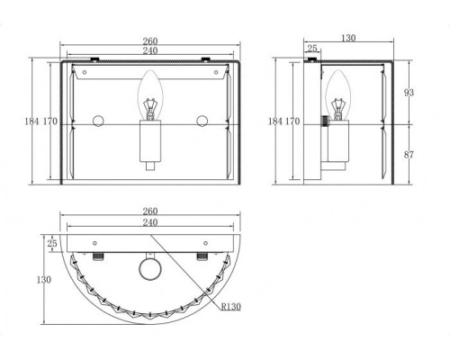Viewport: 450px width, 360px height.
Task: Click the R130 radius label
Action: pos(231,307)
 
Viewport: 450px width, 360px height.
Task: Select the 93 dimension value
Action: pos(409,93)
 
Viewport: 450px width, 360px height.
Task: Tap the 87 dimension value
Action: pos(409,155)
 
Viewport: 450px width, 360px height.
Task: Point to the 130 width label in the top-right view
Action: pos(348,38)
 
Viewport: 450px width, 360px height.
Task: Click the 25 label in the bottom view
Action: pos(52,243)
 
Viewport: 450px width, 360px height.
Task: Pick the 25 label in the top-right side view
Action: pos(312,48)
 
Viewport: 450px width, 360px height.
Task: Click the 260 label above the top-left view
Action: pos(150,41)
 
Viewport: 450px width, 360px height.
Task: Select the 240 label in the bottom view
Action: pos(150,222)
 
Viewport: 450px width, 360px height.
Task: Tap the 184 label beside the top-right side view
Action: pos(275,121)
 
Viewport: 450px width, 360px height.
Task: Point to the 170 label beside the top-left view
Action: pos(50,121)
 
